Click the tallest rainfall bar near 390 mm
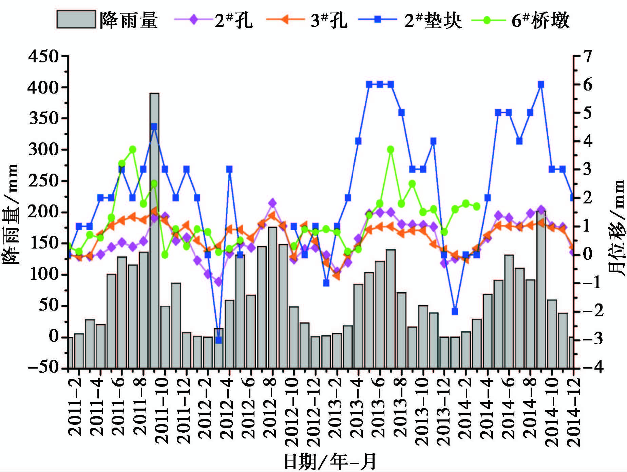pos(154,231)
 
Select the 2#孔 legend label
pos(234,20)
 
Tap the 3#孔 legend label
pos(329,20)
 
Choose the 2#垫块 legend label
pos(433,20)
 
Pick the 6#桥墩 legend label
pos(540,20)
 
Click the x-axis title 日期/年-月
pos(330,461)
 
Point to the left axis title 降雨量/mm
pos(11,214)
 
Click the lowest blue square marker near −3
pos(218,340)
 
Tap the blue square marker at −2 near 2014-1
pos(455,311)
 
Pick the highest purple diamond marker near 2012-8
pos(272,203)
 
